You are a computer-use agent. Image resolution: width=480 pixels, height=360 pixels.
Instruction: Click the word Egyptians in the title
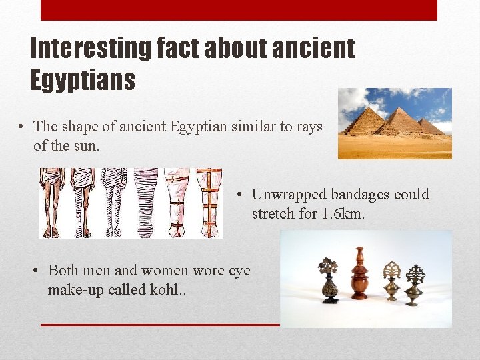83,80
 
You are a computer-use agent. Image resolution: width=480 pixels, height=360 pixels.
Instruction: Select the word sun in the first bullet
87,145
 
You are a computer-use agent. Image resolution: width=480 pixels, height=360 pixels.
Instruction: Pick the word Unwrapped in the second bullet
287,195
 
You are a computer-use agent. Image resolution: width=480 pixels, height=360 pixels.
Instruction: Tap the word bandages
357,195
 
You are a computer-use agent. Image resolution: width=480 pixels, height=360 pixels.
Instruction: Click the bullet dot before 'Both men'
39,271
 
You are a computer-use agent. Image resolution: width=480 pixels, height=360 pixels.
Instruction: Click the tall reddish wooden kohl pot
360,275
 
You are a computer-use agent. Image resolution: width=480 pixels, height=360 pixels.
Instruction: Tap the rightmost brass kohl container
415,283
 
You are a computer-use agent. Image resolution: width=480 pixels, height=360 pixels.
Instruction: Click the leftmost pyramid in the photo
366,122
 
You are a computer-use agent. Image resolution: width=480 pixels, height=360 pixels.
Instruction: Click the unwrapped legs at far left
52,202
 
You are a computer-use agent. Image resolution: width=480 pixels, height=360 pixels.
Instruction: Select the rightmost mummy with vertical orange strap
209,202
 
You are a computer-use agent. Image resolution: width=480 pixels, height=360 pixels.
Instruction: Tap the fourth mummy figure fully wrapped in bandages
146,202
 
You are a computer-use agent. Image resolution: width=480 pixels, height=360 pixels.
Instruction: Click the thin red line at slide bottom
160,325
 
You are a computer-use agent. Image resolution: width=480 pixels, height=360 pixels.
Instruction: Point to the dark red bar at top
239,10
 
